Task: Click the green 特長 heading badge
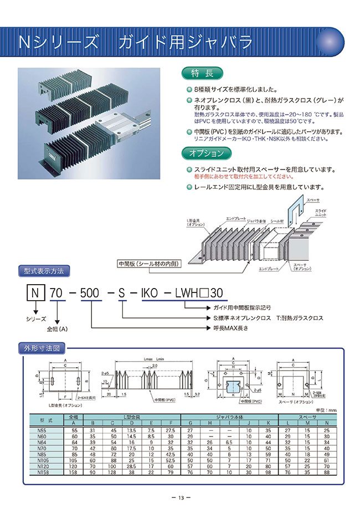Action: pos(202,73)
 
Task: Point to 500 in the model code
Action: pos(89,292)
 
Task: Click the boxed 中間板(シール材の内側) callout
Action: pos(149,264)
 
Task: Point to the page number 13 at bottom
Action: pos(180,497)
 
